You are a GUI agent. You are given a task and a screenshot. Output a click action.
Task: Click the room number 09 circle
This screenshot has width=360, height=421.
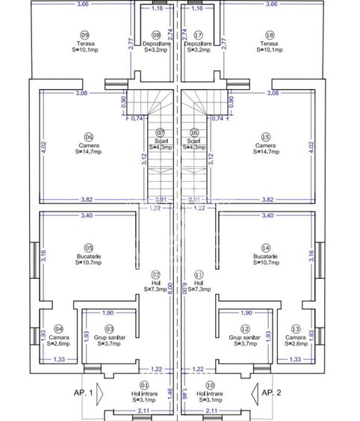pos(84,35)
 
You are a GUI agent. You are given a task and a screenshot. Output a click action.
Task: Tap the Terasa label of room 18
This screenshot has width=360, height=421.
pos(270,43)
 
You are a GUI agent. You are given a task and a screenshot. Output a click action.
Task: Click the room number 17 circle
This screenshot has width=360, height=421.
pos(198,35)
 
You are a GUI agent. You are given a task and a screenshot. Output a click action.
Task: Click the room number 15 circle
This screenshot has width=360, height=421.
pos(266,137)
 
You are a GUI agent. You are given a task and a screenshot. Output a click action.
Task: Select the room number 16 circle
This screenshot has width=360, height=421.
pos(194,132)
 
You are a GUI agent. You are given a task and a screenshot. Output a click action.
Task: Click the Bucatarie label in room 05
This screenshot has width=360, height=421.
pos(88,256)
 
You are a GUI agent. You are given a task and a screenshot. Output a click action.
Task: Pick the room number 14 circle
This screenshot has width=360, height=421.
pos(266,248)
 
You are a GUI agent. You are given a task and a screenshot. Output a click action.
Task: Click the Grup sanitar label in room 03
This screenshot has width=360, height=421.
pos(109,338)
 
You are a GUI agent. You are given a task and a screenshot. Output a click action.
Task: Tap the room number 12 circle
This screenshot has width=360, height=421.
pos(245,329)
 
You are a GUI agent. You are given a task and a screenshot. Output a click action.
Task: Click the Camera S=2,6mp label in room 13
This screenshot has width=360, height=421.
pos(296,341)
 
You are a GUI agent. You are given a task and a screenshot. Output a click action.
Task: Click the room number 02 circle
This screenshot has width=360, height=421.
pos(156,274)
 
